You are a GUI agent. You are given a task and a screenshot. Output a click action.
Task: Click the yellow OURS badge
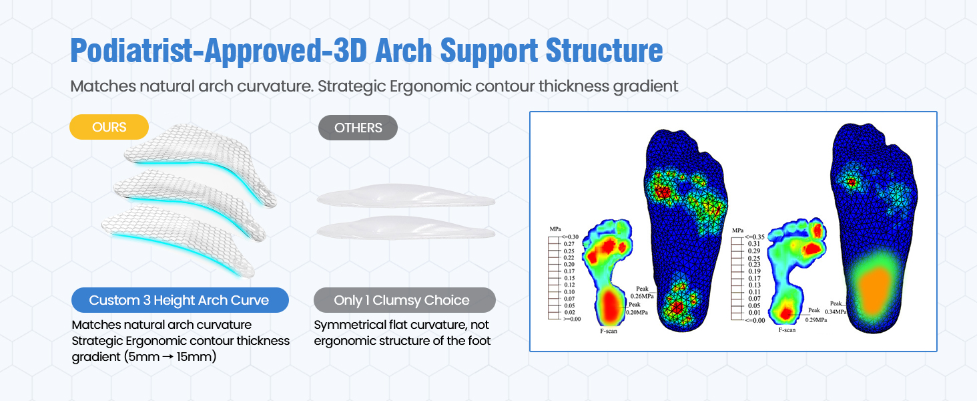109,127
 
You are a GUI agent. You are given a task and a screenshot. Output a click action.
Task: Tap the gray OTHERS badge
358,127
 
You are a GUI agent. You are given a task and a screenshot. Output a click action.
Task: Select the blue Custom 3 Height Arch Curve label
179,300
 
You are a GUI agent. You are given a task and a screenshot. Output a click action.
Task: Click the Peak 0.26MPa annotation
641,292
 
